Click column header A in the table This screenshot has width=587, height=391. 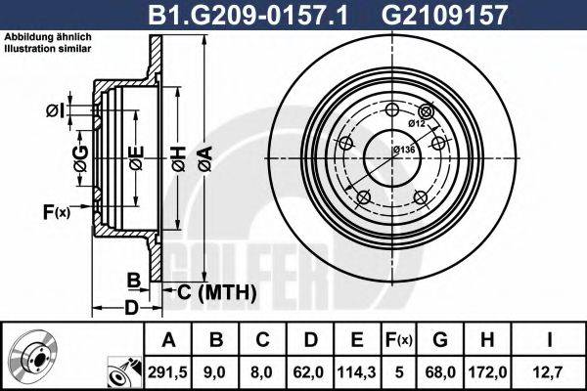coord(170,340)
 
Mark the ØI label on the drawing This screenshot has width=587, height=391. coord(55,109)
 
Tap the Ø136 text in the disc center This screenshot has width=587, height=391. coord(403,149)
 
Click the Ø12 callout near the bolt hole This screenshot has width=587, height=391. coord(415,123)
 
